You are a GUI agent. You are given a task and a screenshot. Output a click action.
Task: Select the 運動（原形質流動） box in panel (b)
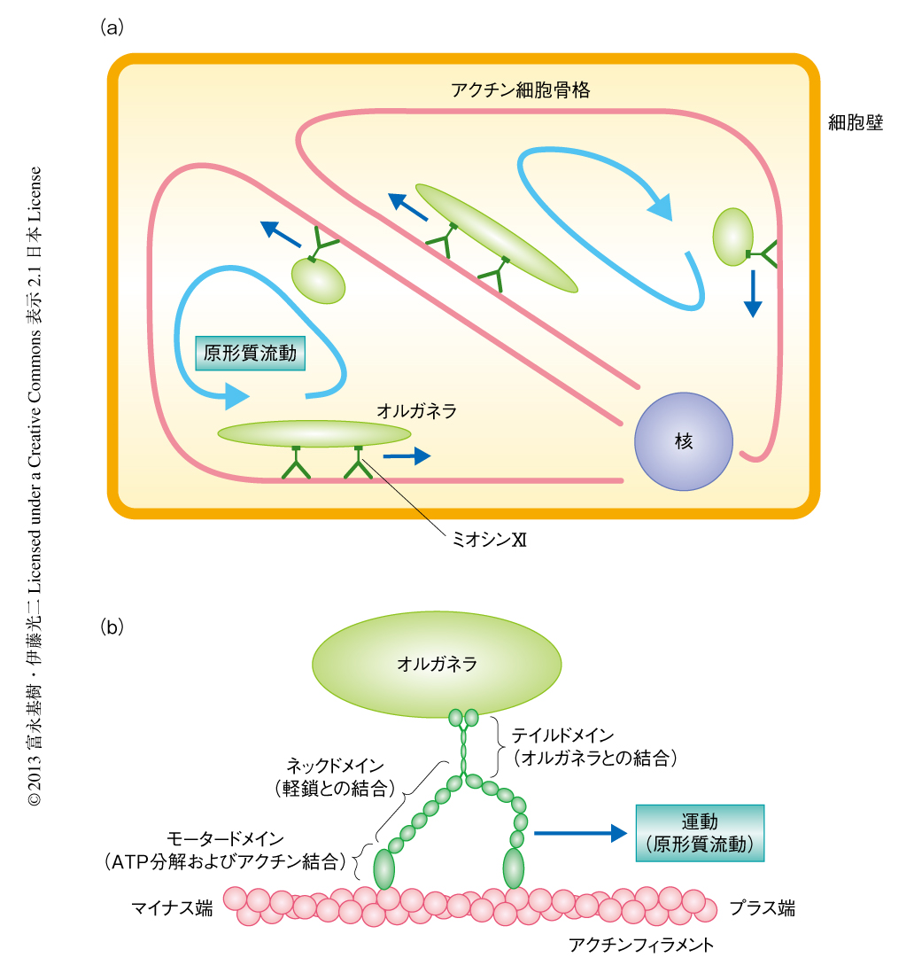point(699,832)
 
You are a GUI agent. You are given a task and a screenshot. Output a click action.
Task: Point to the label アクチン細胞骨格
point(520,90)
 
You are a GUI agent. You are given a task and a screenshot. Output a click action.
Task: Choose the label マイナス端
point(172,907)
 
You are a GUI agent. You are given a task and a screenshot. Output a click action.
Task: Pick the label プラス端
point(762,907)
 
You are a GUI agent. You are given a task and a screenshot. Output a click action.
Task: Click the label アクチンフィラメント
point(641,945)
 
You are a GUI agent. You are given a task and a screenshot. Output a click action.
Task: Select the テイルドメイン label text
point(576,736)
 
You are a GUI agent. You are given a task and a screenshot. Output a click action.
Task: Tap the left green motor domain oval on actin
point(384,868)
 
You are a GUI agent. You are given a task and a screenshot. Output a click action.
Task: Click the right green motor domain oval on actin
point(513,868)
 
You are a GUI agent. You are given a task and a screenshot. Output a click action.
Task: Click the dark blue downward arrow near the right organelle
point(752,293)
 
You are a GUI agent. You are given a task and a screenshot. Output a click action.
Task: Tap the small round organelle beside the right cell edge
point(732,236)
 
